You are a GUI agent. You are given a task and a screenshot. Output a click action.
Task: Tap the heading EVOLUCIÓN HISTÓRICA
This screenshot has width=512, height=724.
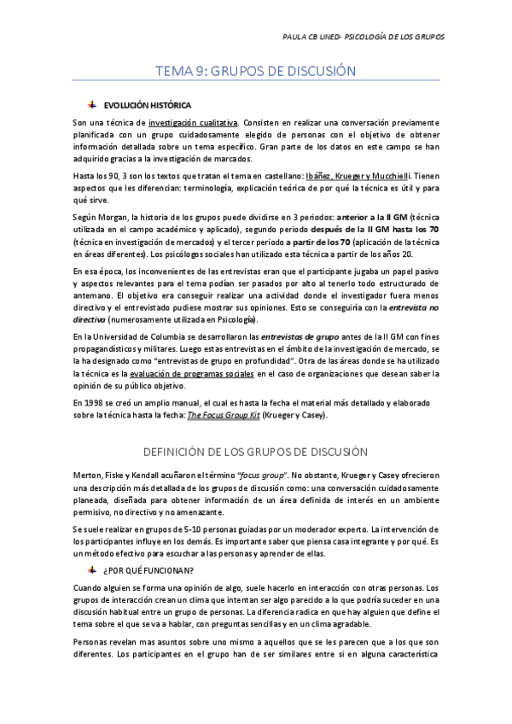click(142, 105)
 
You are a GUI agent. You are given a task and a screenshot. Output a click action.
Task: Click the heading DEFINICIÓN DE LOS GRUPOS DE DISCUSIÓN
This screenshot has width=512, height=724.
click(255, 450)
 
